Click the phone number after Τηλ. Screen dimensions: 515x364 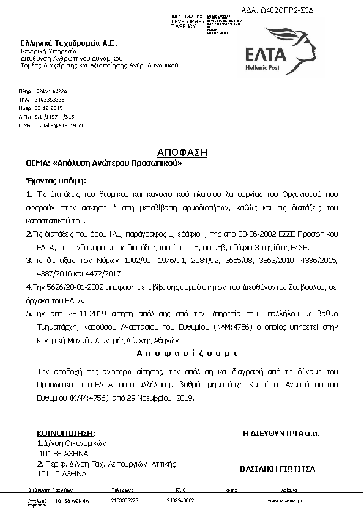tap(50, 98)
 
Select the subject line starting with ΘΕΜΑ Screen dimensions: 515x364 tap(103, 164)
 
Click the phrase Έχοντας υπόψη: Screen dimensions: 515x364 tap(56, 182)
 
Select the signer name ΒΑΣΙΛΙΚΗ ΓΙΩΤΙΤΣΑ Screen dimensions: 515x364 tap(277, 469)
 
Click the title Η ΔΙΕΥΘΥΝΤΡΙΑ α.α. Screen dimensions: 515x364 tap(281, 434)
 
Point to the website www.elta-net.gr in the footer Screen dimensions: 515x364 tap(286, 501)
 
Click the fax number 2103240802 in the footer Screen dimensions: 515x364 tap(180, 501)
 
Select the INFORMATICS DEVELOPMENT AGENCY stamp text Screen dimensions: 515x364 tap(188, 21)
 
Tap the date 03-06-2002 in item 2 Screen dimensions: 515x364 tap(266, 235)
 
